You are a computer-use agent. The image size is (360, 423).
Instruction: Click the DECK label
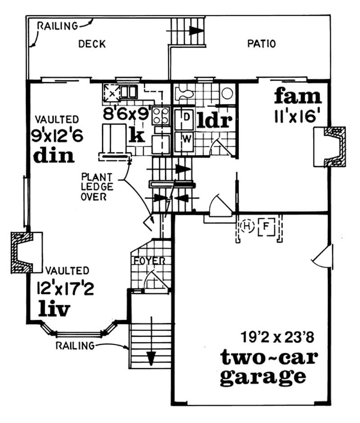tap(92, 44)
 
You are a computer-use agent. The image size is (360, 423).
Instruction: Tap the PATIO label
tap(261, 44)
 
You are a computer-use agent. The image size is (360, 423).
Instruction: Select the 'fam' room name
tap(298, 96)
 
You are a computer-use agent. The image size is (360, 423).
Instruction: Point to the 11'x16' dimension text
tap(298, 117)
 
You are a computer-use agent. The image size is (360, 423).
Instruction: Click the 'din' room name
tap(54, 155)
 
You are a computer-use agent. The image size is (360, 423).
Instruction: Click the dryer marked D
tap(186, 117)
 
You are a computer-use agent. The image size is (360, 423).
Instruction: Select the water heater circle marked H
tap(247, 226)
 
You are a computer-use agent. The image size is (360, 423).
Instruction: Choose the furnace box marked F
tap(266, 226)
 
